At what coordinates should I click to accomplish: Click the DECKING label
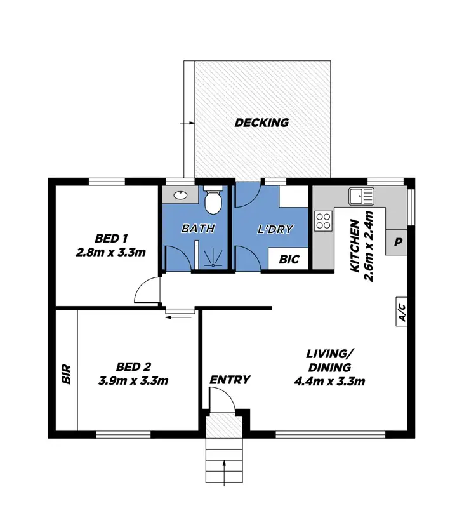pos(261,123)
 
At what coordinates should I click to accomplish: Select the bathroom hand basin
pos(180,195)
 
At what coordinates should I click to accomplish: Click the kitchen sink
pos(360,196)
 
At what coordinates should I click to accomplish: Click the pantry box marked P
pos(398,242)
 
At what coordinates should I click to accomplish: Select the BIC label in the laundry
pos(289,260)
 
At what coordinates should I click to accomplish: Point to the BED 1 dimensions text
pos(112,252)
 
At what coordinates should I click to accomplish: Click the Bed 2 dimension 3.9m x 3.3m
pos(133,381)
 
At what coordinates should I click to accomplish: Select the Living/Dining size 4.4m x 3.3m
pos(328,381)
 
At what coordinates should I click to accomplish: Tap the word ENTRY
pos(230,380)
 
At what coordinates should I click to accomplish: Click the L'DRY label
pos(276,229)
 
